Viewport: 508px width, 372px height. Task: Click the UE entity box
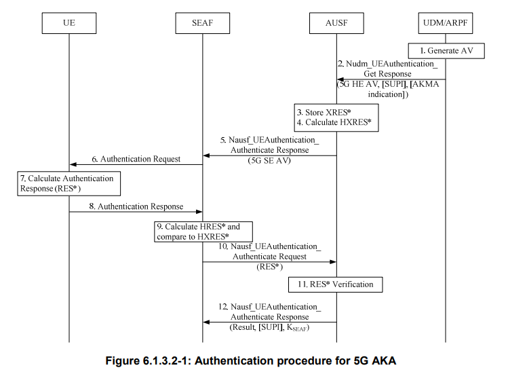pyautogui.click(x=69, y=24)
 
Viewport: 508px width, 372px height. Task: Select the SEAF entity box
pyautogui.click(x=202, y=24)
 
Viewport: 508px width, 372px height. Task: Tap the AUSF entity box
pyautogui.click(x=337, y=24)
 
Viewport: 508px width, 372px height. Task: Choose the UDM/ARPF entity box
pyautogui.click(x=446, y=24)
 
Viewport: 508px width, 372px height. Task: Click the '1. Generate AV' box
pyautogui.click(x=446, y=51)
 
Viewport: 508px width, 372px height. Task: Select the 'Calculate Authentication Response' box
pyautogui.click(x=69, y=183)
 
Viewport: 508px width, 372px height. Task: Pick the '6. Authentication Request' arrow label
pyautogui.click(x=136, y=159)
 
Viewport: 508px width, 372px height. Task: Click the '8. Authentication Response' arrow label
pyautogui.click(x=136, y=206)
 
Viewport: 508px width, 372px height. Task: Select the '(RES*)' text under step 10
pyautogui.click(x=269, y=267)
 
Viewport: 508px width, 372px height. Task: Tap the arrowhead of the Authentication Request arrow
pyautogui.click(x=73, y=164)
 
